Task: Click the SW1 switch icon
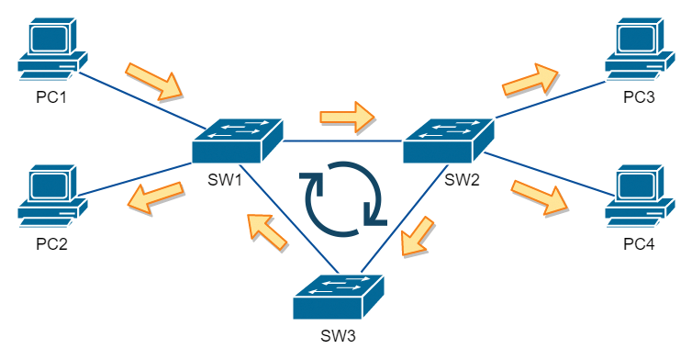tap(238, 141)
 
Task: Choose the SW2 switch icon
tap(449, 141)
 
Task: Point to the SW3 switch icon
tap(339, 295)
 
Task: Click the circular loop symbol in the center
tap(345, 194)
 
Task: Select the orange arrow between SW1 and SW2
tap(347, 117)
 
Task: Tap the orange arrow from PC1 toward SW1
tap(154, 81)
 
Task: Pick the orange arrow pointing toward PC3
tap(530, 81)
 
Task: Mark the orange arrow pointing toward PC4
tap(539, 195)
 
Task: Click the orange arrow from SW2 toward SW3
tap(419, 235)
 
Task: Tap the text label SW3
tap(339, 334)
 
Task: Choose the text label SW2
tap(462, 179)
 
